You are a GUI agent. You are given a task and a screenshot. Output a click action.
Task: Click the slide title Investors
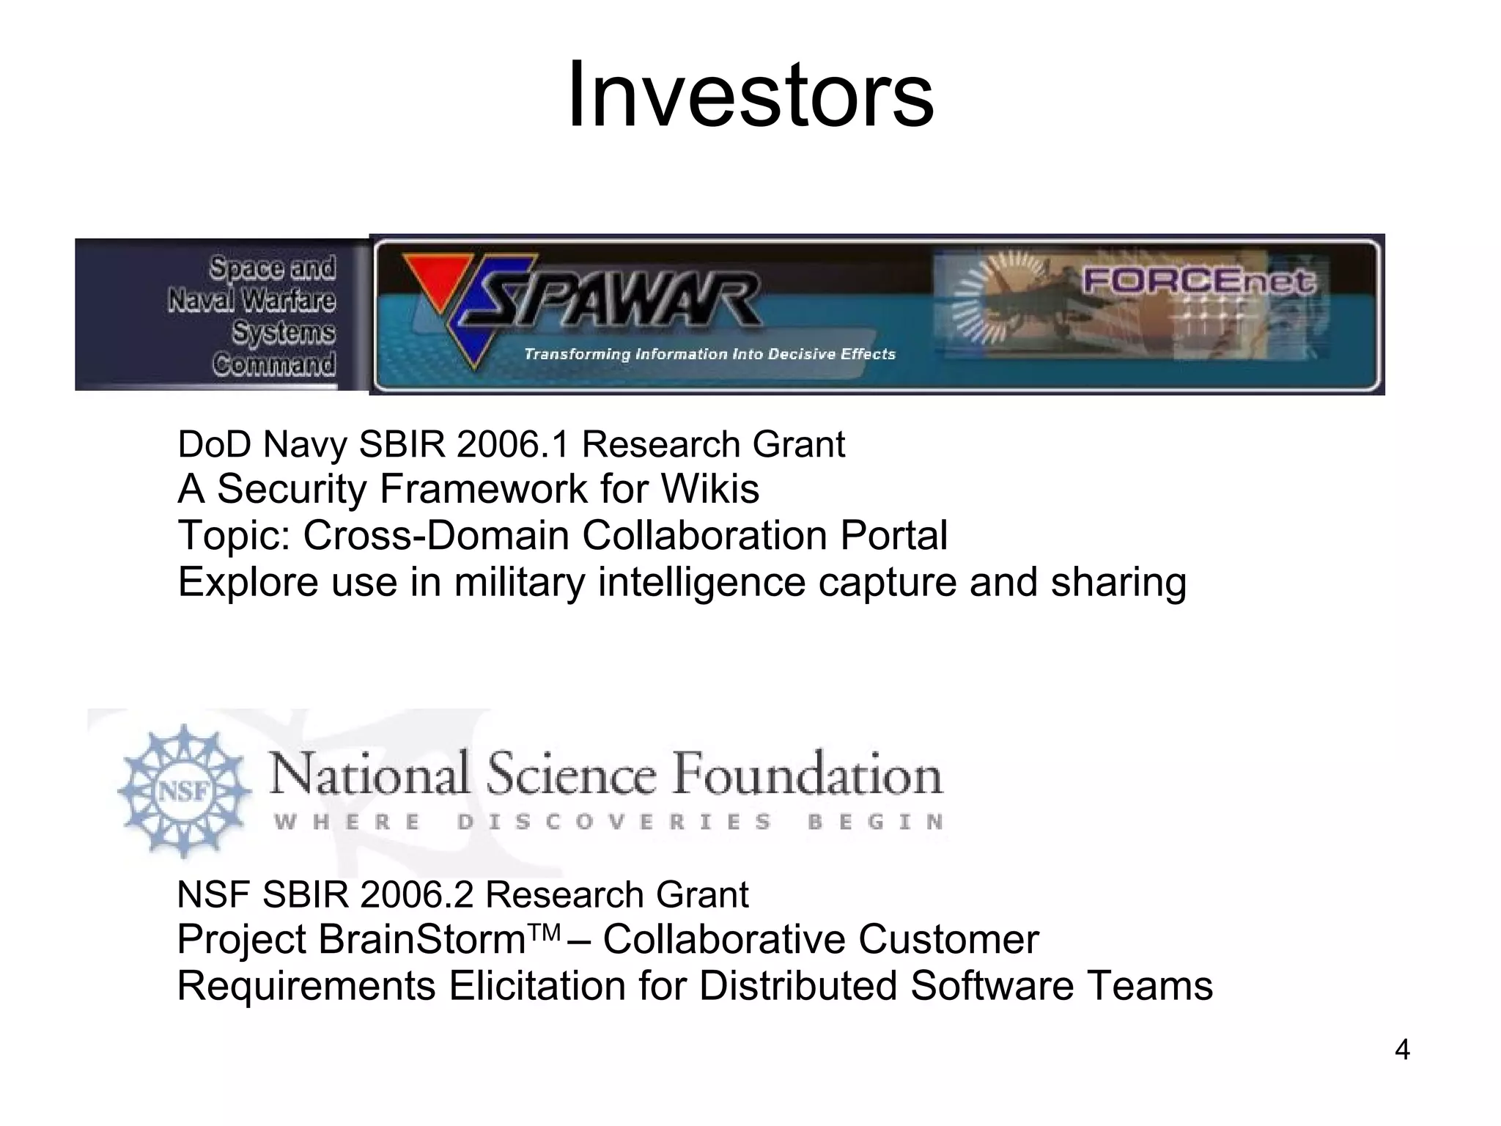coord(750,95)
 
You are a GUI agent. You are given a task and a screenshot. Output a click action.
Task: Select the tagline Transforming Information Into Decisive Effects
coord(709,355)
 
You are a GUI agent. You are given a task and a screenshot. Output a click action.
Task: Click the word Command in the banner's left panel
coord(275,364)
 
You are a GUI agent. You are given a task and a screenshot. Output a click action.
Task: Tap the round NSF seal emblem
coord(184,791)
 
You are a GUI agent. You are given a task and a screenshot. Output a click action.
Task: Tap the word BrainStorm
coord(424,940)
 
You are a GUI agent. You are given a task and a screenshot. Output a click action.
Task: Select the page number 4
coord(1401,1050)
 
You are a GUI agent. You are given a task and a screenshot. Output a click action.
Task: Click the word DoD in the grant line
coord(214,445)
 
